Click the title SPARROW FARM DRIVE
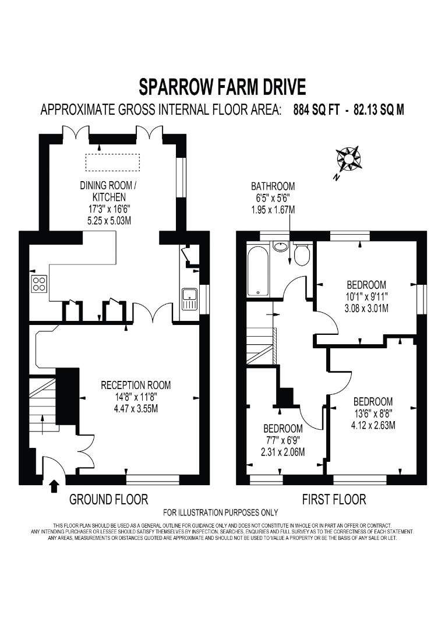222,87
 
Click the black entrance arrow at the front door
54,485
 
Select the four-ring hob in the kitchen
39,284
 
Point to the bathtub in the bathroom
257,271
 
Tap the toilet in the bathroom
301,255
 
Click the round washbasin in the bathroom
281,246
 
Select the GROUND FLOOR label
108,499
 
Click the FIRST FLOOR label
334,499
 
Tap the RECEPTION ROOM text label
136,385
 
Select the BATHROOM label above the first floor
273,186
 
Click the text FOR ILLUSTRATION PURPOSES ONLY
221,513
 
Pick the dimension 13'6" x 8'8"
373,414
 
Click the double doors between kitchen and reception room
153,314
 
